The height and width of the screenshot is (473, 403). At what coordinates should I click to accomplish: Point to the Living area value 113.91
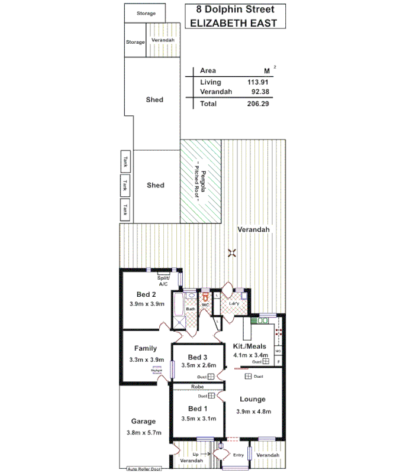258,82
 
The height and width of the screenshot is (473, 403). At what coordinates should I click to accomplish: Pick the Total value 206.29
257,103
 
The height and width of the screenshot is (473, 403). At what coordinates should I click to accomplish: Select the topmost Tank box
125,161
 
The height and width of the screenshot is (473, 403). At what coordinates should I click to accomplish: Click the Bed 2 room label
146,294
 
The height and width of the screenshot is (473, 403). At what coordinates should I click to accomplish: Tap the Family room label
146,348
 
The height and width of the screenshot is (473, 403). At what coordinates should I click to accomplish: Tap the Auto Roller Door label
144,469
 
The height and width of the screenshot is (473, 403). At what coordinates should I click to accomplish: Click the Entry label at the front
238,455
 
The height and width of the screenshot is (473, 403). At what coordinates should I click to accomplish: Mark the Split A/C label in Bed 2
164,281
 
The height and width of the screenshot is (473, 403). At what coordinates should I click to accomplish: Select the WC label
205,305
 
